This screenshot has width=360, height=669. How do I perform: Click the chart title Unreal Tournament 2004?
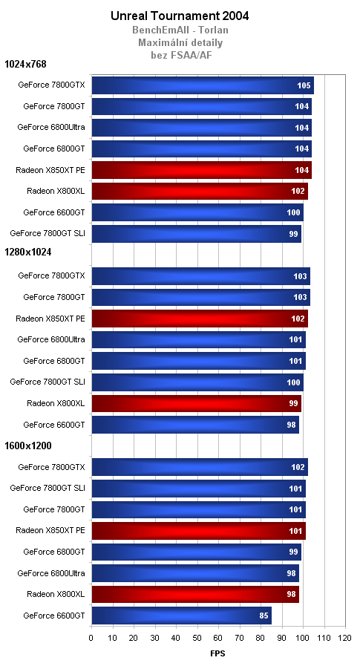pos(180,15)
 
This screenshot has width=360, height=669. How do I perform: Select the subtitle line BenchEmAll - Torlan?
pos(180,30)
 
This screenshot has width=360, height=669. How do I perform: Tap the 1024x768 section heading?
pos(25,64)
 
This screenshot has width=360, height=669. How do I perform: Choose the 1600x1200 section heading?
pos(28,445)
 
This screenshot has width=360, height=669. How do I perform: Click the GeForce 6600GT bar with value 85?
pos(181,616)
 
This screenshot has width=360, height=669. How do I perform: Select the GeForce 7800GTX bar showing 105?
pos(202,85)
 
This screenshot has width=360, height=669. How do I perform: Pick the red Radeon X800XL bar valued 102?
pos(199,191)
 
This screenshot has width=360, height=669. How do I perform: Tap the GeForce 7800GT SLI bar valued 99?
pos(196,233)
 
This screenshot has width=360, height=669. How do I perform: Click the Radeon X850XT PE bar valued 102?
pos(199,319)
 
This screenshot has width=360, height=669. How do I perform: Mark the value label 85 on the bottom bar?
pos(261,616)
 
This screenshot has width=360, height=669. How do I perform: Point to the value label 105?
pos(303,85)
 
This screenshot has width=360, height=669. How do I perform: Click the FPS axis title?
pos(217,653)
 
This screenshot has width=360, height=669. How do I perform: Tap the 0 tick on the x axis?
pos(91,638)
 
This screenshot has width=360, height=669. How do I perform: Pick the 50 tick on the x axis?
pos(197,638)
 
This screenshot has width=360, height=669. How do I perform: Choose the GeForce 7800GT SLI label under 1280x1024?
pos(48,382)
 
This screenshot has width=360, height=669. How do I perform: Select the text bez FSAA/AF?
pos(180,53)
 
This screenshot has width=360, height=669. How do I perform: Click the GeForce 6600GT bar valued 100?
pos(197,212)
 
